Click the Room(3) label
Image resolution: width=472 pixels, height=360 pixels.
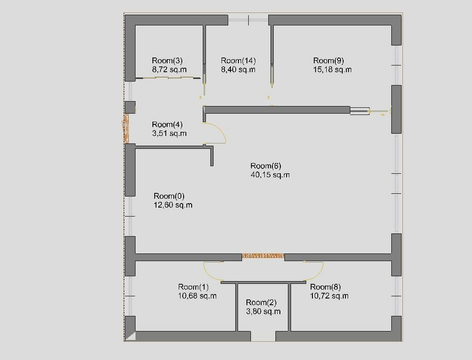pos(167,61)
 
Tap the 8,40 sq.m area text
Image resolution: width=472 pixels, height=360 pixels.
pos(238,69)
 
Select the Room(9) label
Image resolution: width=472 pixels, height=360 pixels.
pos(329,61)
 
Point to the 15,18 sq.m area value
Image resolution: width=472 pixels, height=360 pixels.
pos(332,69)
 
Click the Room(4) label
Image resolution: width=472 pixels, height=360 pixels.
pos(167,124)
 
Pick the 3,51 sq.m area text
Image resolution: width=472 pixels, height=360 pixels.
pos(169,133)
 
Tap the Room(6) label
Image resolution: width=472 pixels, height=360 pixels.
pos(266,166)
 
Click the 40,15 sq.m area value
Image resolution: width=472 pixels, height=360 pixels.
pos(270,175)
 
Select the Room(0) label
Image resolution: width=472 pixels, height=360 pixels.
pos(169,196)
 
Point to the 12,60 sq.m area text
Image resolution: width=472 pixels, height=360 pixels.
pos(173,205)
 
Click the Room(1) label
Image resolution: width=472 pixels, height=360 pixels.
pos(193,287)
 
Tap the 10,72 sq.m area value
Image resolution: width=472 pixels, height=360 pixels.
pos(329,296)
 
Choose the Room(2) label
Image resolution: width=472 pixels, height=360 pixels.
pos(261,302)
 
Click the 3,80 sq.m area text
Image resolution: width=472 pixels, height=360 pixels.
pos(263,311)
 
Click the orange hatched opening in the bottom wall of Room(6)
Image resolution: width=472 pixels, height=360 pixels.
pos(263,256)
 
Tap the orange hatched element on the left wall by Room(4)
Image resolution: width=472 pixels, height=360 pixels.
pos(126,128)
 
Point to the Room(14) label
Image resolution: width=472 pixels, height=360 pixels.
pos(238,61)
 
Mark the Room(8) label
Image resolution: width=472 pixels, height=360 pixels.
pos(325,287)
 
